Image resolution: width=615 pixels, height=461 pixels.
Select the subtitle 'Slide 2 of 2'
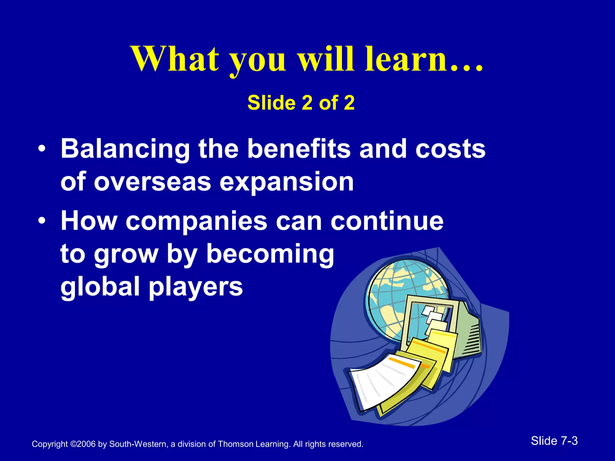301,103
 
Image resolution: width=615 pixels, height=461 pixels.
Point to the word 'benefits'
298,149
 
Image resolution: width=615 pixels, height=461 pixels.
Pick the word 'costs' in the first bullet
450,149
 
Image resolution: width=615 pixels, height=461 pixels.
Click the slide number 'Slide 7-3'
554,441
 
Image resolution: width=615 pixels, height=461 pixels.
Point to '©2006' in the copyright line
83,444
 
